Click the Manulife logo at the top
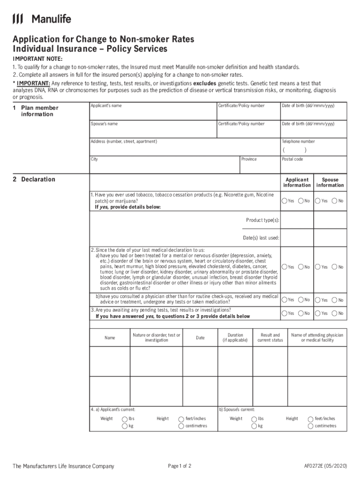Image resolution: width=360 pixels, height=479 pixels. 42,19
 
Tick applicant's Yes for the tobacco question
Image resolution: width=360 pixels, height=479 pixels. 284,201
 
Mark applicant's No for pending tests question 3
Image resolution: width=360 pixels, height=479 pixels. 301,313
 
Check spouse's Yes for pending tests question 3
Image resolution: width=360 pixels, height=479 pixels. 318,313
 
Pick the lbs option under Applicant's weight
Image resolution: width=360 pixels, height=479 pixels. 124,419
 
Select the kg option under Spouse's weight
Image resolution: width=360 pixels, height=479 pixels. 254,426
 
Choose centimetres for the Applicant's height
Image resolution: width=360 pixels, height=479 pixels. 181,426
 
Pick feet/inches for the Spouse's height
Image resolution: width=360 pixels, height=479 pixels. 310,419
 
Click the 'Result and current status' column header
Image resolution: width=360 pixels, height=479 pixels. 270,338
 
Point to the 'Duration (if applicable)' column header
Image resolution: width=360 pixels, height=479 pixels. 235,338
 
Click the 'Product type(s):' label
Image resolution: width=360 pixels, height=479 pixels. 263,220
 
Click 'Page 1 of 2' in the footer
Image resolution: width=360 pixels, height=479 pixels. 180,466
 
